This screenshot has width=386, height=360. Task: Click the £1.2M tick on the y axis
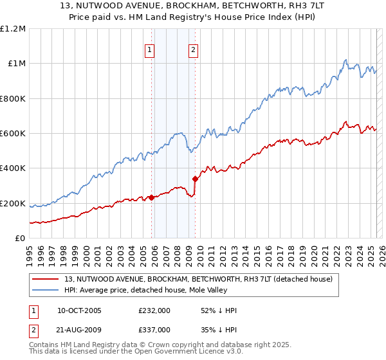pos(13,29)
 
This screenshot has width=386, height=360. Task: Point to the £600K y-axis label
pos(13,134)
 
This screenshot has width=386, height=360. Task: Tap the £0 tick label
pos(20,239)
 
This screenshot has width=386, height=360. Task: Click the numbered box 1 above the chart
pos(150,51)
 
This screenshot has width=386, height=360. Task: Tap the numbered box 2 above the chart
pos(194,51)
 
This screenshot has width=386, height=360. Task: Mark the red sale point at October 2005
pos(152,197)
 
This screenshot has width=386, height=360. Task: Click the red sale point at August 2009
pos(195,179)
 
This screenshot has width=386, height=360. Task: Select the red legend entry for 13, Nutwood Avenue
pos(198,279)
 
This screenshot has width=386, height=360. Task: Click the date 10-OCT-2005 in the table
pos(79,310)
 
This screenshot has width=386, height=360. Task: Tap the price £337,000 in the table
pos(154,329)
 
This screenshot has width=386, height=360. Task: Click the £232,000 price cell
pos(154,310)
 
